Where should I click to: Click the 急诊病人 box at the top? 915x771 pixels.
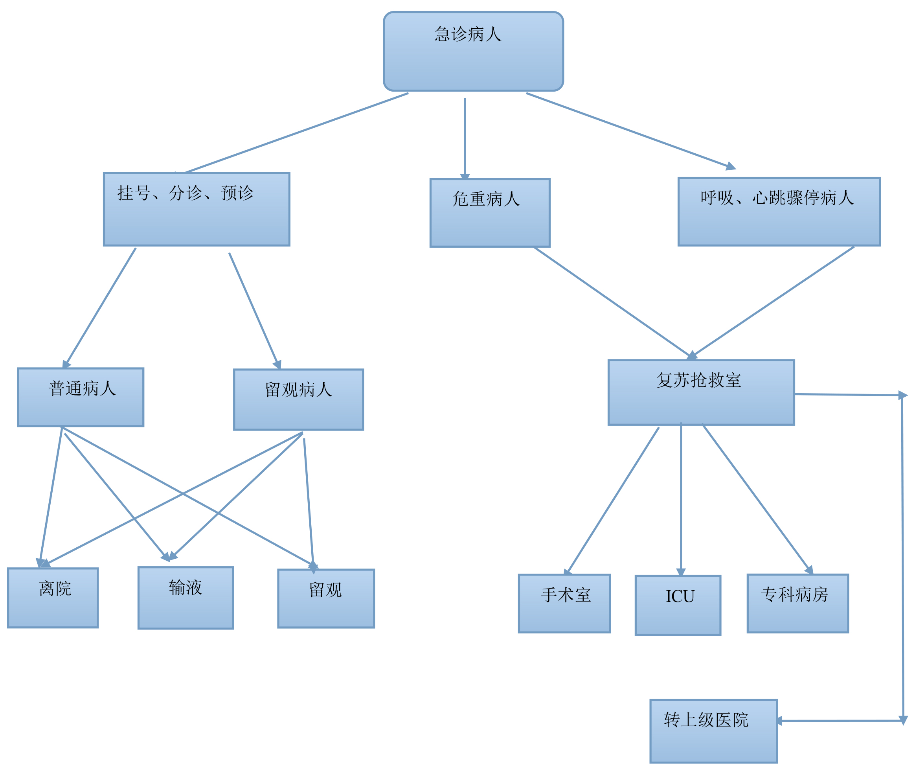pyautogui.click(x=473, y=51)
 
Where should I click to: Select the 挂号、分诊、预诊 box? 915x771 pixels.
pyautogui.click(x=196, y=209)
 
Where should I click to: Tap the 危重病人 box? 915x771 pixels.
pyautogui.click(x=489, y=212)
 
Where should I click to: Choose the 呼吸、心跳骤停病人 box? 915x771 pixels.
pyautogui.click(x=779, y=212)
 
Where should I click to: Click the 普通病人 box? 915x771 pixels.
pyautogui.click(x=81, y=397)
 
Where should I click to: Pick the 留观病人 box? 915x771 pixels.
pyautogui.click(x=298, y=399)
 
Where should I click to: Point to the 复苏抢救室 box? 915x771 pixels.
pyautogui.click(x=700, y=392)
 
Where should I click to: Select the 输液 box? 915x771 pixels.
pyautogui.click(x=185, y=598)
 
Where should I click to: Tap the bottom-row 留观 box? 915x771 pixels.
pyautogui.click(x=325, y=598)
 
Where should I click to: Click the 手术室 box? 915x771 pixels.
pyautogui.click(x=564, y=603)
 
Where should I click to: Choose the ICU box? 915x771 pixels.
pyautogui.click(x=678, y=605)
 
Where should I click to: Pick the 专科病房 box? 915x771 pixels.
pyautogui.click(x=797, y=603)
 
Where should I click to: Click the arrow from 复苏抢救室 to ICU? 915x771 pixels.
pyautogui.click(x=680, y=498)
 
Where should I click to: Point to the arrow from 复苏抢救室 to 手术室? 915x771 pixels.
pyautogui.click(x=613, y=500)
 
